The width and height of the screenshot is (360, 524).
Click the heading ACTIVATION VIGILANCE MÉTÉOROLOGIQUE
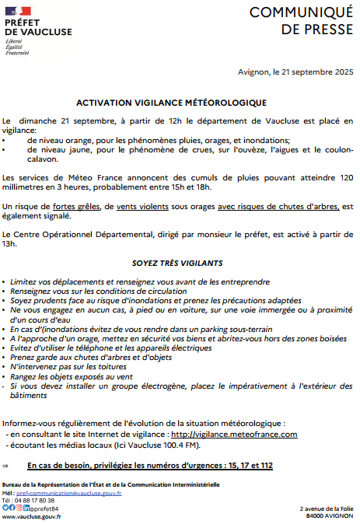(x=171, y=103)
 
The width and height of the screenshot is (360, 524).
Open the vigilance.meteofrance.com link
(x=234, y=434)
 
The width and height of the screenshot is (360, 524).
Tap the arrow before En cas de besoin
(x=6, y=465)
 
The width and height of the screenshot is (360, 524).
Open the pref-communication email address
(x=68, y=493)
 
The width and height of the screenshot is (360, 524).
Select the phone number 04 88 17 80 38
(x=36, y=500)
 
